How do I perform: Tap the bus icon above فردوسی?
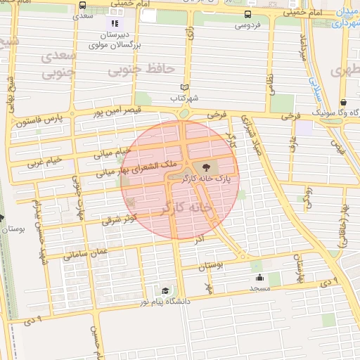click(x=247, y=14)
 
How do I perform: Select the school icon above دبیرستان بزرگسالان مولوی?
click(x=115, y=24)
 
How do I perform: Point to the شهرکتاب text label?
click(x=185, y=98)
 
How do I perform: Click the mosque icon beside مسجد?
click(x=259, y=278)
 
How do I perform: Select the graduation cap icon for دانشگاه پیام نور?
click(x=165, y=290)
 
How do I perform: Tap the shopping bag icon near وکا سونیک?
click(x=342, y=102)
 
